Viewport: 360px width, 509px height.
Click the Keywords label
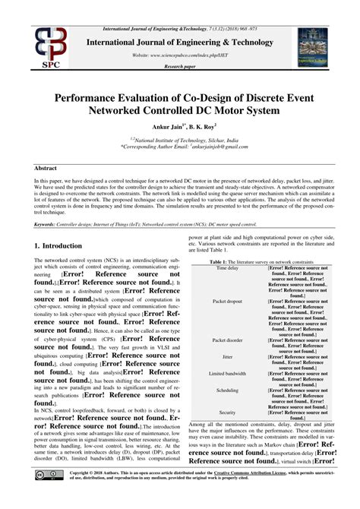(x=49, y=224)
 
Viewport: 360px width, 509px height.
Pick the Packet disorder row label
(x=227, y=340)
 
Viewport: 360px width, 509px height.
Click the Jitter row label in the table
(x=227, y=356)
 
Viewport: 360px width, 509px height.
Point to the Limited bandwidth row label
(x=227, y=374)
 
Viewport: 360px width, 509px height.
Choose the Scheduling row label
(x=227, y=390)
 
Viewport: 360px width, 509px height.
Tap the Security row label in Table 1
(x=227, y=412)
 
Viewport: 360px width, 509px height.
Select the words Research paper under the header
(x=180, y=66)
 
